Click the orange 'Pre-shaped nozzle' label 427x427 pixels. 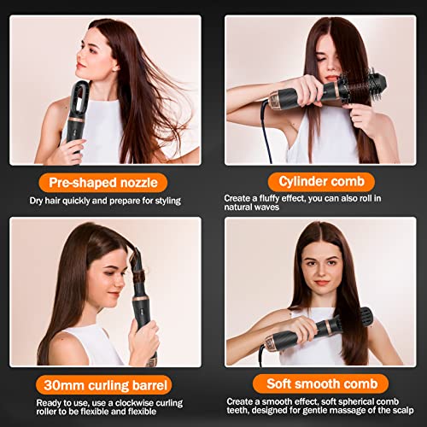point(103,183)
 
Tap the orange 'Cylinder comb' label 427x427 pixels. point(321,182)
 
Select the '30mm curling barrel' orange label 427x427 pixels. point(104,385)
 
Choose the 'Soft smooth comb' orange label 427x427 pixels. point(321,384)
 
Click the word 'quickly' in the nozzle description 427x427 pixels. point(76,201)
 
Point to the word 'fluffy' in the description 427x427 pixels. point(269,198)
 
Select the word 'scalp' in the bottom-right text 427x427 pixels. point(403,411)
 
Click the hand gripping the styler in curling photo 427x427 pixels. point(143,342)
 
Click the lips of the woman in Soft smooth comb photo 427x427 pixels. point(322,283)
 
